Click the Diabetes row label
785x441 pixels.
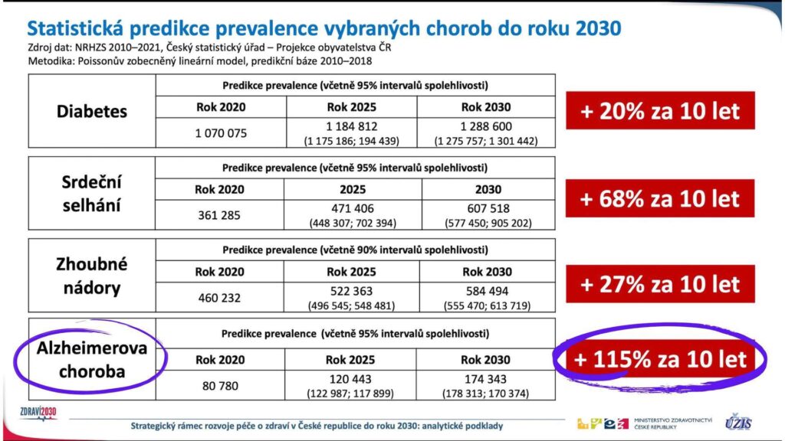pos(92,111)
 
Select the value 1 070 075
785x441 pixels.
pos(221,133)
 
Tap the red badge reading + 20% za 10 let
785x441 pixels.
pos(660,110)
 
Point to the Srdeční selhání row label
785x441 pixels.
pos(92,194)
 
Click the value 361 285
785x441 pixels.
pos(219,215)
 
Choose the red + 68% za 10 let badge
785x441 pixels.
pos(660,198)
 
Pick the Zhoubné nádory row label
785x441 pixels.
pos(92,276)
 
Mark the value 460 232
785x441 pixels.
pos(219,298)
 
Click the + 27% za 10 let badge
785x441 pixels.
pos(660,284)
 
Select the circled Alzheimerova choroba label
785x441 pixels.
pos(92,360)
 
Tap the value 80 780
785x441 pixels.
pos(220,386)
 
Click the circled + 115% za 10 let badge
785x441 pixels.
pos(660,359)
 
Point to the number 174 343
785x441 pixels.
pos(485,379)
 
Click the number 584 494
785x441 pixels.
pos(487,291)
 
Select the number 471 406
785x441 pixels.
pos(353,208)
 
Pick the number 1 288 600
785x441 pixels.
pos(486,126)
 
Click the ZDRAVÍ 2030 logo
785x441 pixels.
pos(38,413)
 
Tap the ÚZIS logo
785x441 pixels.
pos(738,422)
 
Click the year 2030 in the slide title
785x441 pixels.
pos(598,28)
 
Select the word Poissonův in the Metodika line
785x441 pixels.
pos(100,61)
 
